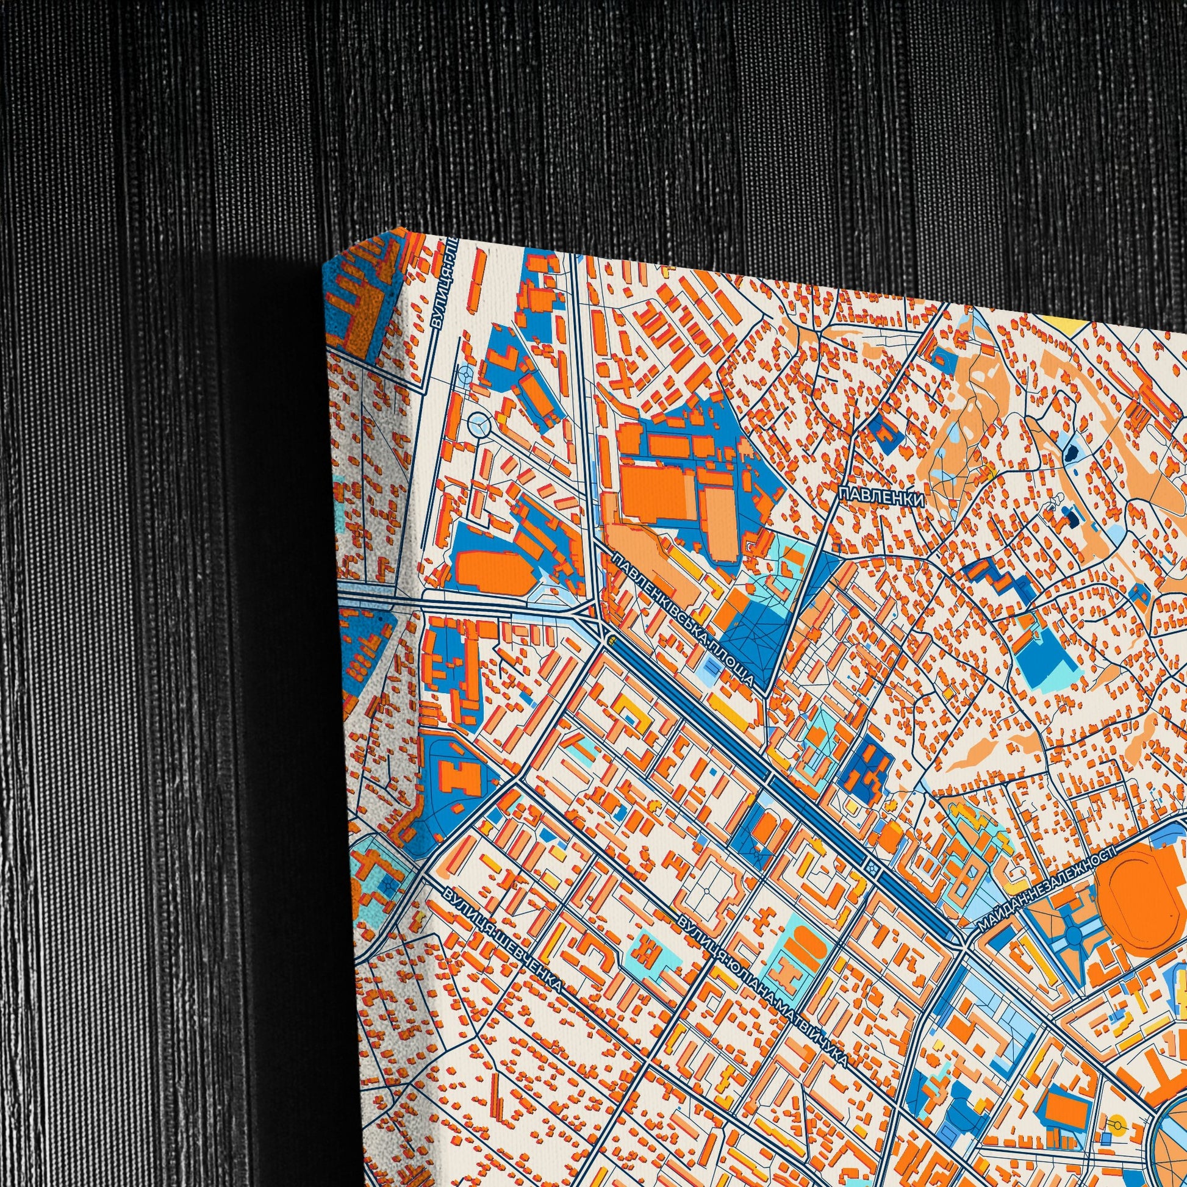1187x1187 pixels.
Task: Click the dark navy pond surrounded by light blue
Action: pyautogui.click(x=1070, y=455)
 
